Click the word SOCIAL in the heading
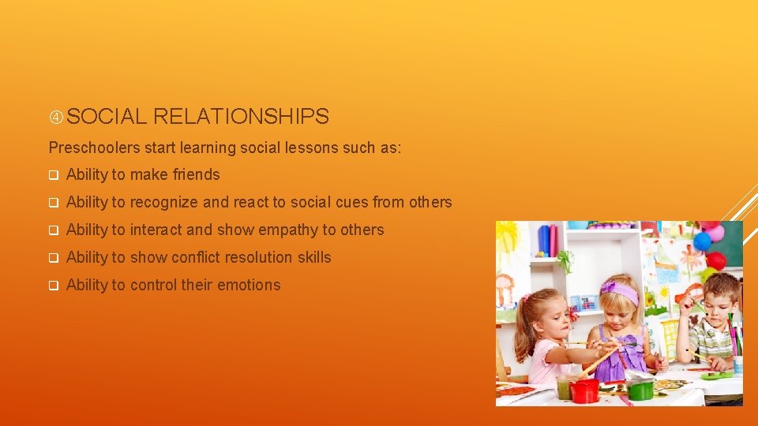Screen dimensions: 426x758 click(x=107, y=117)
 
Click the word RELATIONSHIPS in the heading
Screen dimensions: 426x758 click(x=241, y=117)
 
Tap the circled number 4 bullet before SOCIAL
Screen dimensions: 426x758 click(x=56, y=118)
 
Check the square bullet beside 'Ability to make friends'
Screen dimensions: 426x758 click(x=54, y=175)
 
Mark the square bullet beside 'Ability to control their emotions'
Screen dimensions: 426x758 click(x=54, y=286)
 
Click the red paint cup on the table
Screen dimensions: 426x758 click(x=585, y=390)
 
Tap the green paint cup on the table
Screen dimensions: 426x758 click(x=640, y=389)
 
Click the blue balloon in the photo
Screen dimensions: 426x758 click(x=702, y=241)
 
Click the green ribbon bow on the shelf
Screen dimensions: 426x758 click(x=565, y=260)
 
